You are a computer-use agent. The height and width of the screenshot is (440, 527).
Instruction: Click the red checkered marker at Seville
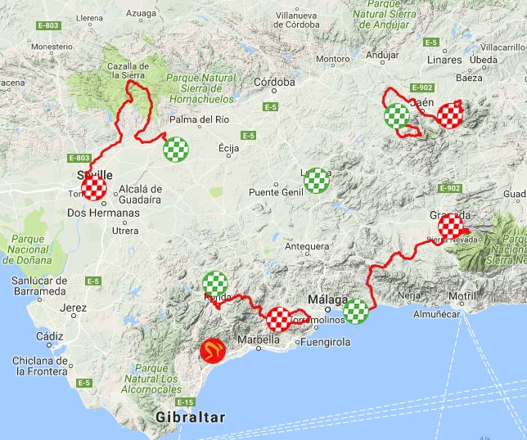(x=94, y=190)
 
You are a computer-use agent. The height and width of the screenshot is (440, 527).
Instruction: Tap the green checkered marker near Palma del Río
(x=176, y=148)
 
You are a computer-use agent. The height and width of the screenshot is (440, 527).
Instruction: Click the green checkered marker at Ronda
(x=214, y=283)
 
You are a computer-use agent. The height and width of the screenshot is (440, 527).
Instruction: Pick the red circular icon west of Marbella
(x=212, y=352)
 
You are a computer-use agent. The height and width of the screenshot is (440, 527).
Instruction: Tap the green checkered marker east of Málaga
(x=356, y=311)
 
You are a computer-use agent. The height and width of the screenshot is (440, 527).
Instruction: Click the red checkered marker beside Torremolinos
(x=279, y=319)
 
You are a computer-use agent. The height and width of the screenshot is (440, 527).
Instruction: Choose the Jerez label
(x=73, y=308)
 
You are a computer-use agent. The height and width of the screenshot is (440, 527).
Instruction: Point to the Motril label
(x=463, y=295)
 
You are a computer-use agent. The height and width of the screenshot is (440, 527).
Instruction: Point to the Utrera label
(x=125, y=231)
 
